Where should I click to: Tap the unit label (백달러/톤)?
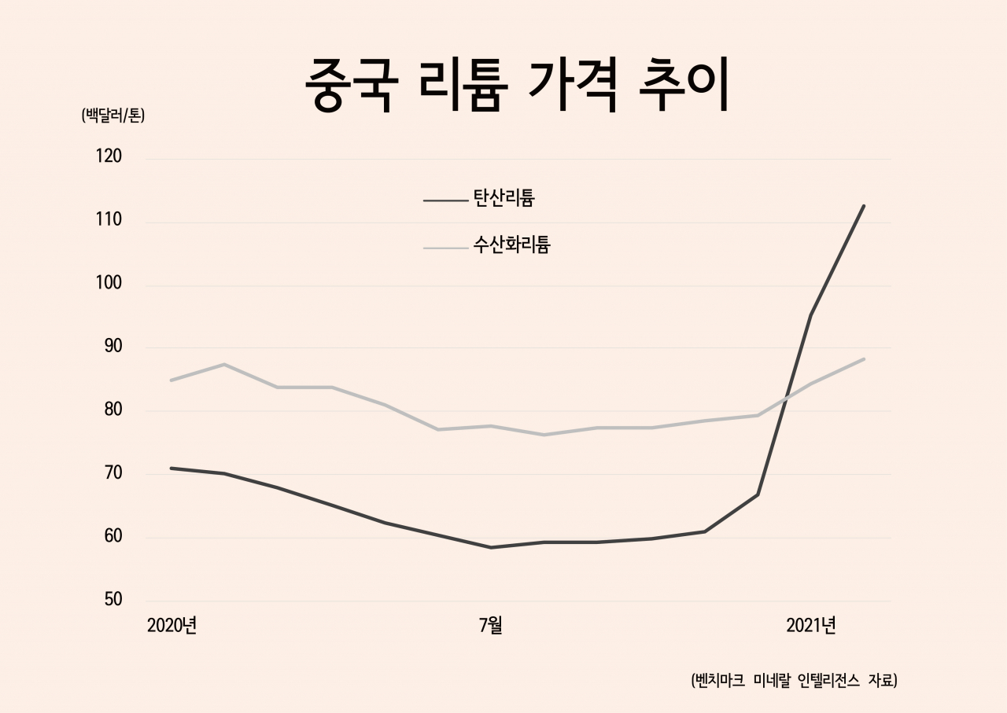pos(113,116)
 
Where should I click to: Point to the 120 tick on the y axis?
pos(109,156)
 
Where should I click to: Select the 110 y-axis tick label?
pos(109,219)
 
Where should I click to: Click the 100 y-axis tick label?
pos(109,282)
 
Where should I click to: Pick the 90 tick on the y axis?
pos(113,346)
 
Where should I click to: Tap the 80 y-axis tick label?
pos(113,410)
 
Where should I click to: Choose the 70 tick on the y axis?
pos(113,472)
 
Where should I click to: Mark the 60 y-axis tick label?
pos(113,536)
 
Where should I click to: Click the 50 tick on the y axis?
pos(113,599)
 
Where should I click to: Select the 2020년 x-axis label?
pos(172,625)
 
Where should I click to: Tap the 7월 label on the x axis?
pos(490,625)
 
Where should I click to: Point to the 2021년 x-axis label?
pos(811,625)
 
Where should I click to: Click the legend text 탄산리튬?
pos(504,197)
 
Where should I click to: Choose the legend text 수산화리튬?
pos(511,244)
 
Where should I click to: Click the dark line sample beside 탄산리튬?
pos(445,200)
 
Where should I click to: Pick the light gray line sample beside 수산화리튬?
pos(445,248)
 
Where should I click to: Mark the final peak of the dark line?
pos(864,206)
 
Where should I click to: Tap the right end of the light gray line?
pos(864,359)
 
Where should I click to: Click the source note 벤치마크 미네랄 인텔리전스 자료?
pos(794,680)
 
